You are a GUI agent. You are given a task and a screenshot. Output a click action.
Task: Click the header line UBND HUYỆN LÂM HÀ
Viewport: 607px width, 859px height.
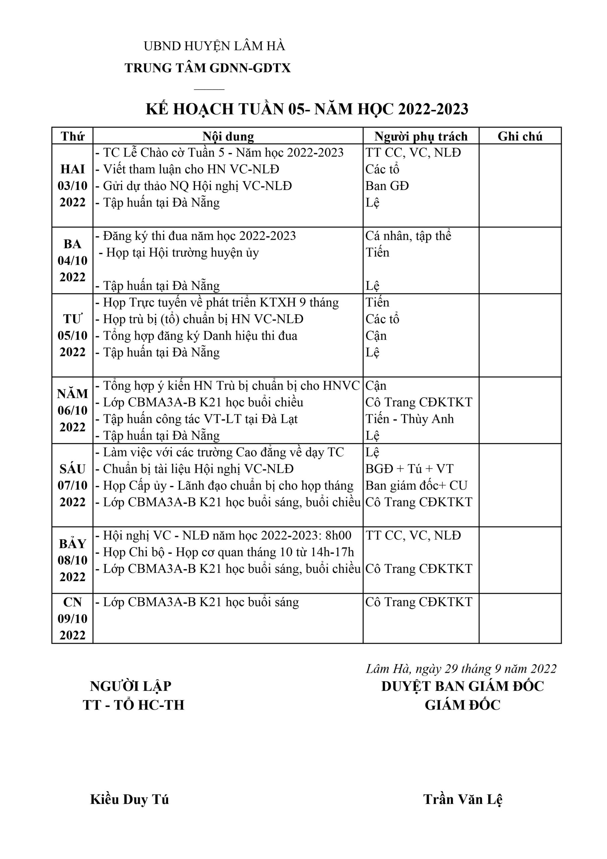pos(214,46)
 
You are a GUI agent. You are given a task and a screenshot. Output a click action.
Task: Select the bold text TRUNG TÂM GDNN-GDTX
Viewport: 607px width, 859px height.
pos(208,68)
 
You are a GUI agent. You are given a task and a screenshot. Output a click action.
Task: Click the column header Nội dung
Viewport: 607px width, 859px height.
pos(228,136)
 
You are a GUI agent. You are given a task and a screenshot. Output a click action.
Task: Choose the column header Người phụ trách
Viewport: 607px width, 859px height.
pos(421,136)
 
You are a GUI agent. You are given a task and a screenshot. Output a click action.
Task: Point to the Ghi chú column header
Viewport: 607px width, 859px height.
pos(520,136)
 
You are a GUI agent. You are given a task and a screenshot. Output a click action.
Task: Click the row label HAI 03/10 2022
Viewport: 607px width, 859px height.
pos(72,186)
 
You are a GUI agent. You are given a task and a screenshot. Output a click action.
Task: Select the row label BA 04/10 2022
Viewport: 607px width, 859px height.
pos(72,260)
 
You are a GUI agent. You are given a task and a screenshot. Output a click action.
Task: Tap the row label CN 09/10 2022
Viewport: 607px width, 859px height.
pos(72,618)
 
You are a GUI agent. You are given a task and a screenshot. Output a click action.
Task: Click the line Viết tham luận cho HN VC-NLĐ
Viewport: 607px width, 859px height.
pos(191,169)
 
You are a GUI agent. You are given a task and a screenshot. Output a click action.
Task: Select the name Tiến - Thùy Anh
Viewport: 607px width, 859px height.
pos(409,419)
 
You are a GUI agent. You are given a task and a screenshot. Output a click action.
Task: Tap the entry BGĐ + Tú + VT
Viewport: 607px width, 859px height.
pos(409,469)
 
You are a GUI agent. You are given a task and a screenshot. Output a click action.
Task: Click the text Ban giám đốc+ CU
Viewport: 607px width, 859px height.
pos(416,486)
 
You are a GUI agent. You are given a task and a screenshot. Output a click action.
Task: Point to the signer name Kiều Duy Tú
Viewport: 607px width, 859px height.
pos(129,800)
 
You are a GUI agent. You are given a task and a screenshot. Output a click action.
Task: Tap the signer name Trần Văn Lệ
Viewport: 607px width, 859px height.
pos(463,800)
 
